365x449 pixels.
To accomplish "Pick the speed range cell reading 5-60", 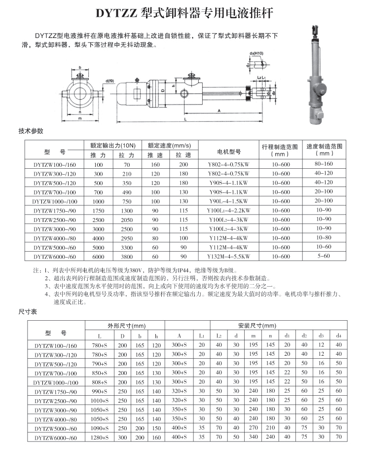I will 324,256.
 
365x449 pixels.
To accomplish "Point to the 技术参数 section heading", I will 31,131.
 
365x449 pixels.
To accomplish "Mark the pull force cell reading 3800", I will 127,257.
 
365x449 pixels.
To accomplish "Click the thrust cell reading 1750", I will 99,210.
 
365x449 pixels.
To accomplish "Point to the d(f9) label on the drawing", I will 109,80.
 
